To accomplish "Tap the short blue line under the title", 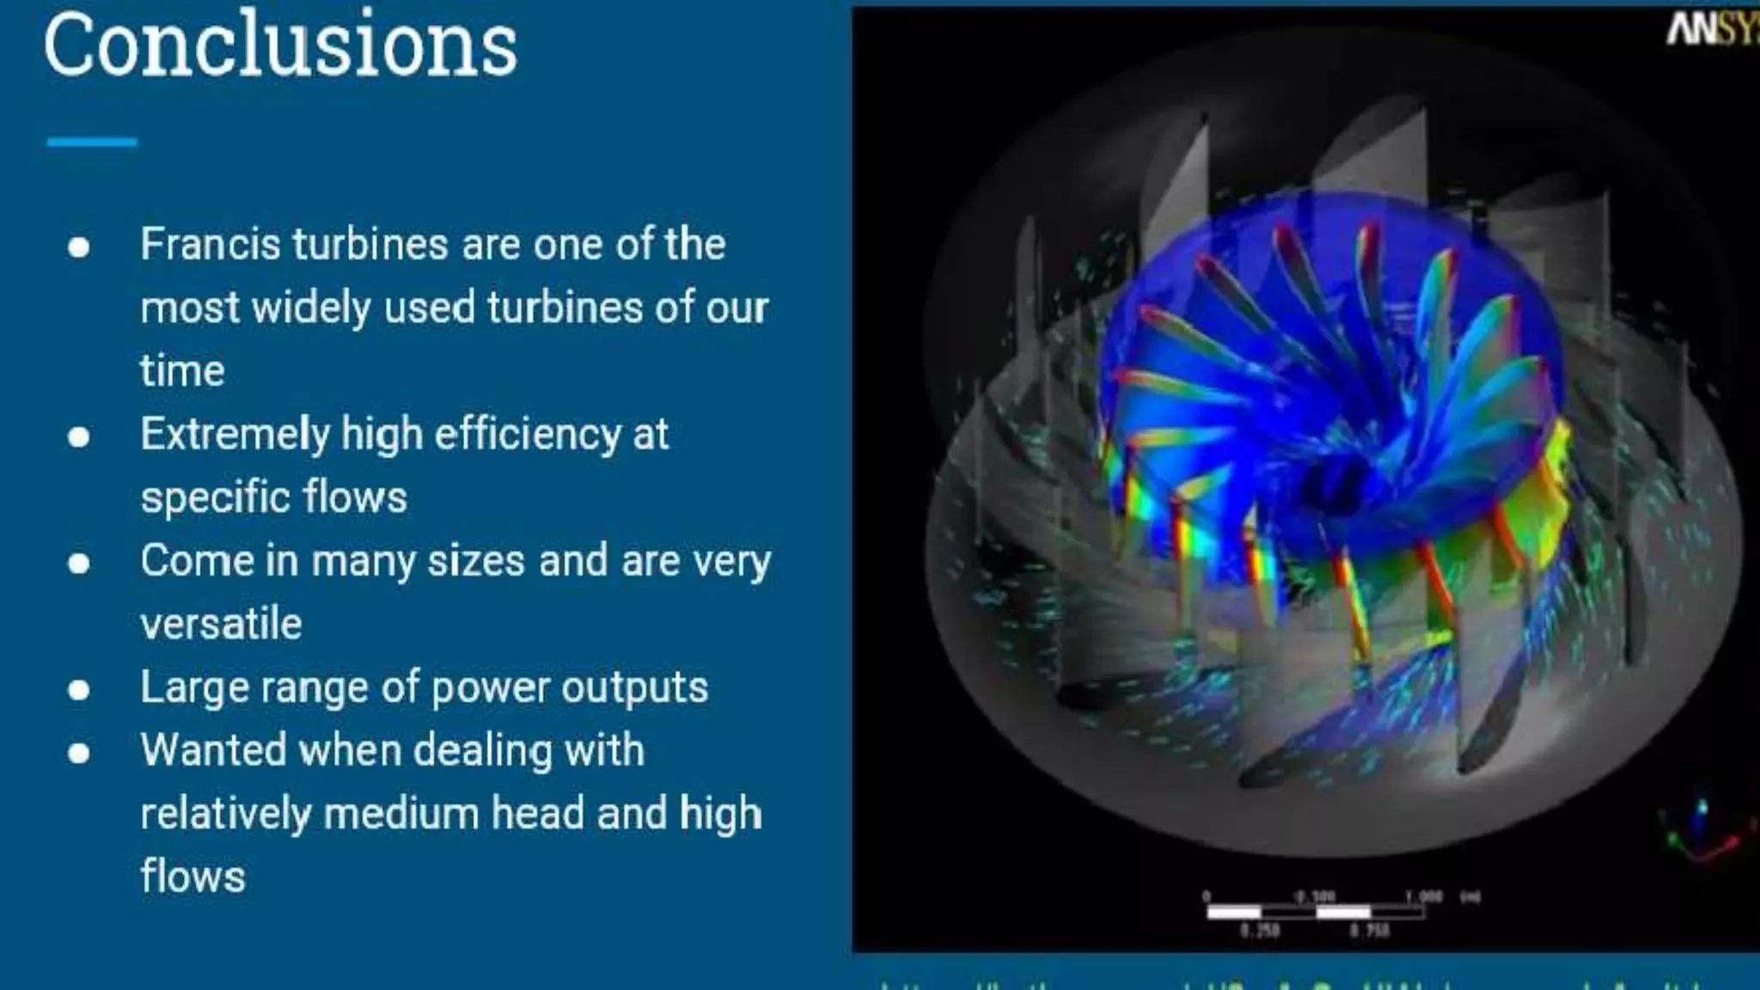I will [x=92, y=142].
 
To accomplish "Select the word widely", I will [x=311, y=308].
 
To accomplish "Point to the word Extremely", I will [x=235, y=435].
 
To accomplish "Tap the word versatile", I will [x=221, y=624].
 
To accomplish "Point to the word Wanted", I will [x=213, y=750].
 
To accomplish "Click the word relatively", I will [x=225, y=814].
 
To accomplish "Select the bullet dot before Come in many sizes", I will [x=79, y=564].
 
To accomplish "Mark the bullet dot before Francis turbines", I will [x=79, y=247].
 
